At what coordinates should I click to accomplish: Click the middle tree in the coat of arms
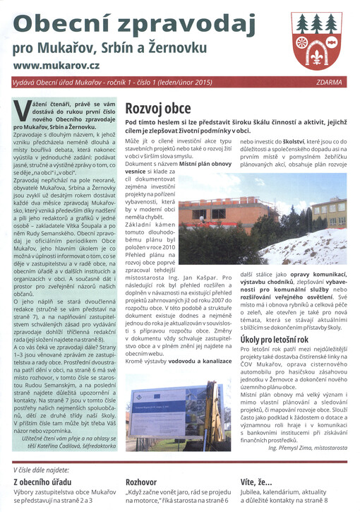click(x=316, y=23)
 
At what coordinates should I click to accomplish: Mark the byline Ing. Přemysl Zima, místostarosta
click(x=306, y=447)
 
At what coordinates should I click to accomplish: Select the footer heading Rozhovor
click(x=141, y=482)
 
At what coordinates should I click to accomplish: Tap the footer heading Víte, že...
click(x=257, y=482)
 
